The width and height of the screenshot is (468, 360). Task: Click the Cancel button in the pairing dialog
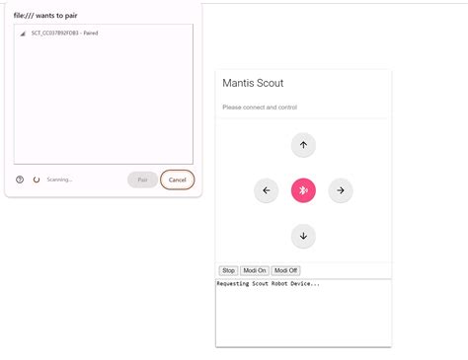[178, 180]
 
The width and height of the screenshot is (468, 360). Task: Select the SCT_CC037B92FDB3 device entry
[63, 34]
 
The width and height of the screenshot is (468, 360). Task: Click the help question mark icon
[20, 180]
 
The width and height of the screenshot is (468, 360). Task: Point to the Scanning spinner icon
[37, 180]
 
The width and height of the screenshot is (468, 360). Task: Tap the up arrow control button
[303, 145]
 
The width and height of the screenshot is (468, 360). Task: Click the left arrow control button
[266, 190]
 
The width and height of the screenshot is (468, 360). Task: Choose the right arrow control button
[340, 190]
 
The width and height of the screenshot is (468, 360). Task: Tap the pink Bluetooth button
[303, 190]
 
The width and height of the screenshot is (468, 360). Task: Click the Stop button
[228, 270]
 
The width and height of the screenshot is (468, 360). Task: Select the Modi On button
[256, 270]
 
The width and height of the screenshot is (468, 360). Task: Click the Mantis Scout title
[253, 83]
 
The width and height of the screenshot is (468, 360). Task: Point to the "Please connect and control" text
[260, 108]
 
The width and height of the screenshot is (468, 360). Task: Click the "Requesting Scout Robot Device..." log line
[269, 284]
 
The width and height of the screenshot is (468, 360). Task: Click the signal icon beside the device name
[23, 34]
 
